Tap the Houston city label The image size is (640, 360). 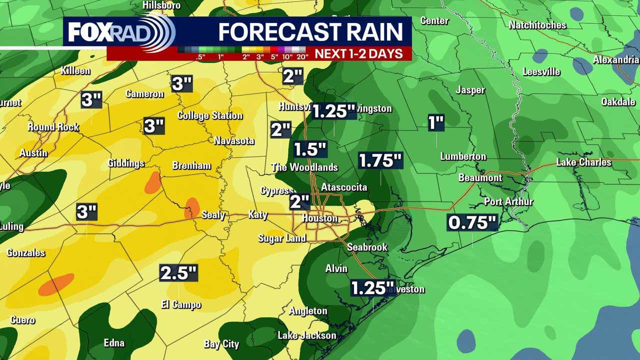(x=320, y=218)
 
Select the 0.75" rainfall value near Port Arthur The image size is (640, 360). (x=472, y=222)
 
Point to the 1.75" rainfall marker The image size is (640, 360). (x=380, y=161)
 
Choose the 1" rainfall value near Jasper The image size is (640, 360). (x=436, y=122)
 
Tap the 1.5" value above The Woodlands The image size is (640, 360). (x=310, y=149)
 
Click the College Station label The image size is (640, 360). (x=210, y=115)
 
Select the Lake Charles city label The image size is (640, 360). (x=583, y=162)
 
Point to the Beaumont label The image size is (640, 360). (x=480, y=177)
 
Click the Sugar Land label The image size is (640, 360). (x=282, y=238)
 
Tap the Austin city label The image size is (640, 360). (x=33, y=153)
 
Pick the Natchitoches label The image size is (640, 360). (x=537, y=25)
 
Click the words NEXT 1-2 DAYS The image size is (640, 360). (x=358, y=54)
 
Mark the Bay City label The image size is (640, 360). (x=221, y=344)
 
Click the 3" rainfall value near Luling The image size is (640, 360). (x=86, y=212)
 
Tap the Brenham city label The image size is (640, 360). (x=191, y=165)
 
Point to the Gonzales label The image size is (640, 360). (x=26, y=253)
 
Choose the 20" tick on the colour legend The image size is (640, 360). (x=301, y=56)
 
